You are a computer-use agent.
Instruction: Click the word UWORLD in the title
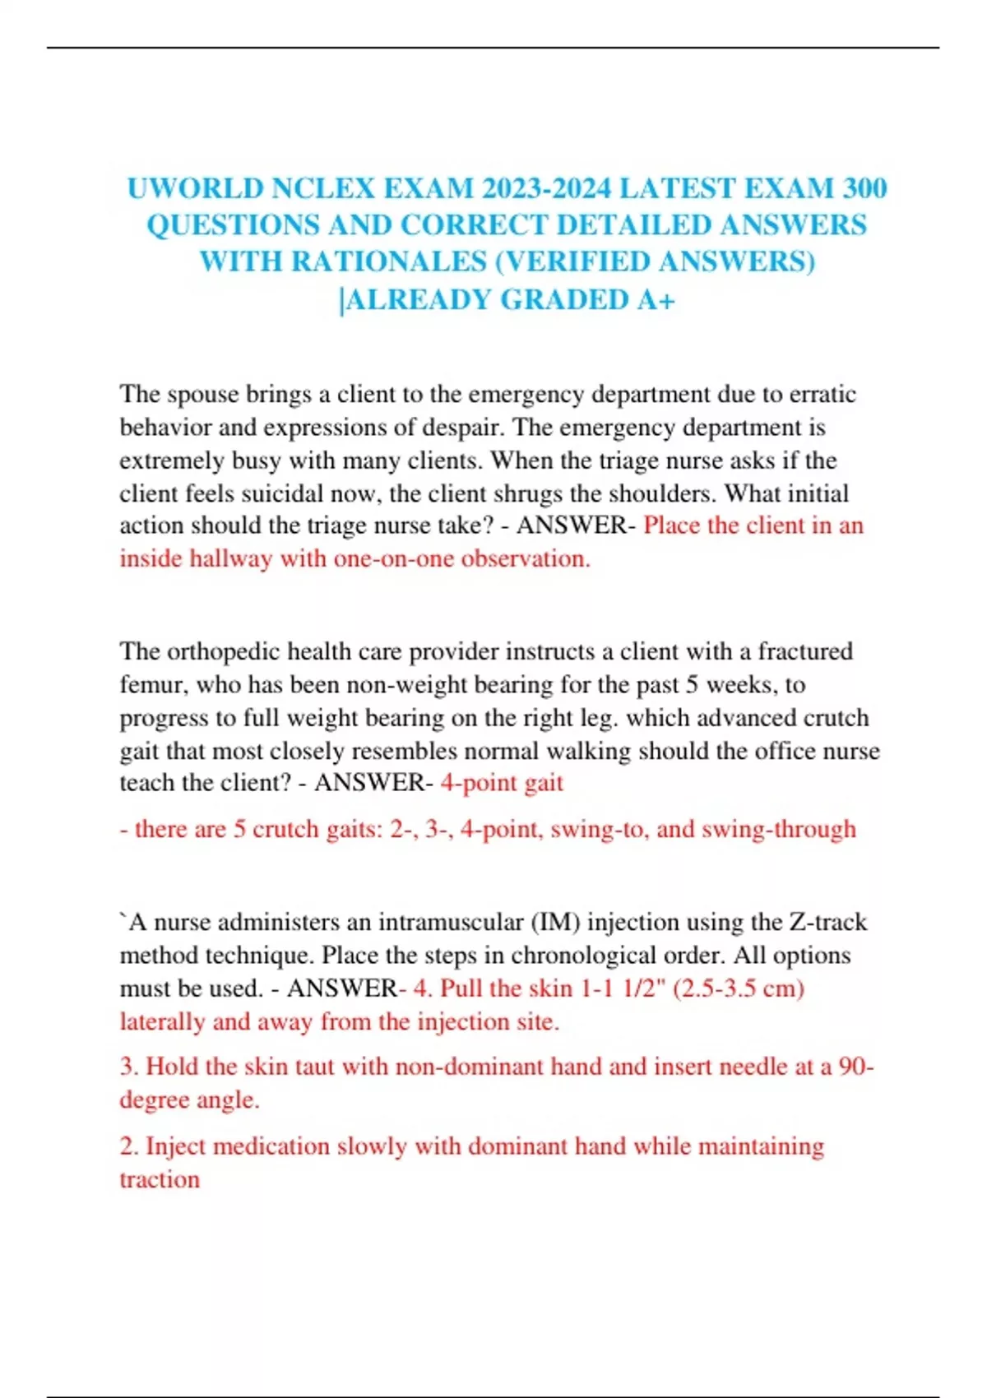click(195, 188)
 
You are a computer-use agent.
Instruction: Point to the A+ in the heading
click(656, 299)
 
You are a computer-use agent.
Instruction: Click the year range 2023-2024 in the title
click(546, 188)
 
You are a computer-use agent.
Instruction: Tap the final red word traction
click(160, 1180)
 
